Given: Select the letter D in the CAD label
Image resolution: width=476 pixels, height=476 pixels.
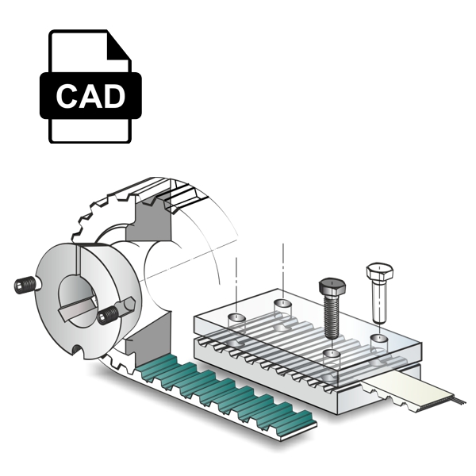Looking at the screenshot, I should click(113, 96).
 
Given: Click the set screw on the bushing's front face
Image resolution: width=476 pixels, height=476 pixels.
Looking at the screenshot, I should click(109, 316).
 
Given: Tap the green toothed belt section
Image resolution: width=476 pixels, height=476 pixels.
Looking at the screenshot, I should click(214, 393).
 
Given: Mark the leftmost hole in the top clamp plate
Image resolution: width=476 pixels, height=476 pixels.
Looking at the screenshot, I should click(235, 318).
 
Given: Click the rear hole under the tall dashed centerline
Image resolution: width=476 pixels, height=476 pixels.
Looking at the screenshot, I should click(282, 303).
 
